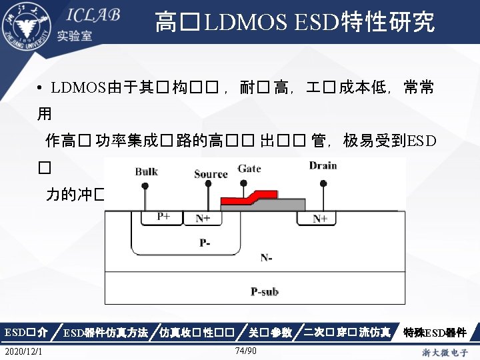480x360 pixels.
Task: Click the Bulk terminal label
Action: tap(147, 171)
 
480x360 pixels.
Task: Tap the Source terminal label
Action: tap(211, 174)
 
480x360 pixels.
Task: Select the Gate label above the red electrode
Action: tap(249, 168)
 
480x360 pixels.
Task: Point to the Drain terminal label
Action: tap(323, 165)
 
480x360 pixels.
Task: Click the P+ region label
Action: tap(164, 217)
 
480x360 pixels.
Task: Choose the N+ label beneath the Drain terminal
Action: tap(321, 218)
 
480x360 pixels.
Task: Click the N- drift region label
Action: tap(267, 258)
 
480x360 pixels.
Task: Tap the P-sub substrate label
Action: tap(265, 291)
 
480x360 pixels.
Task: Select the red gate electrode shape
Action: tap(249, 197)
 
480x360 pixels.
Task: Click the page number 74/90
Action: tap(247, 351)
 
